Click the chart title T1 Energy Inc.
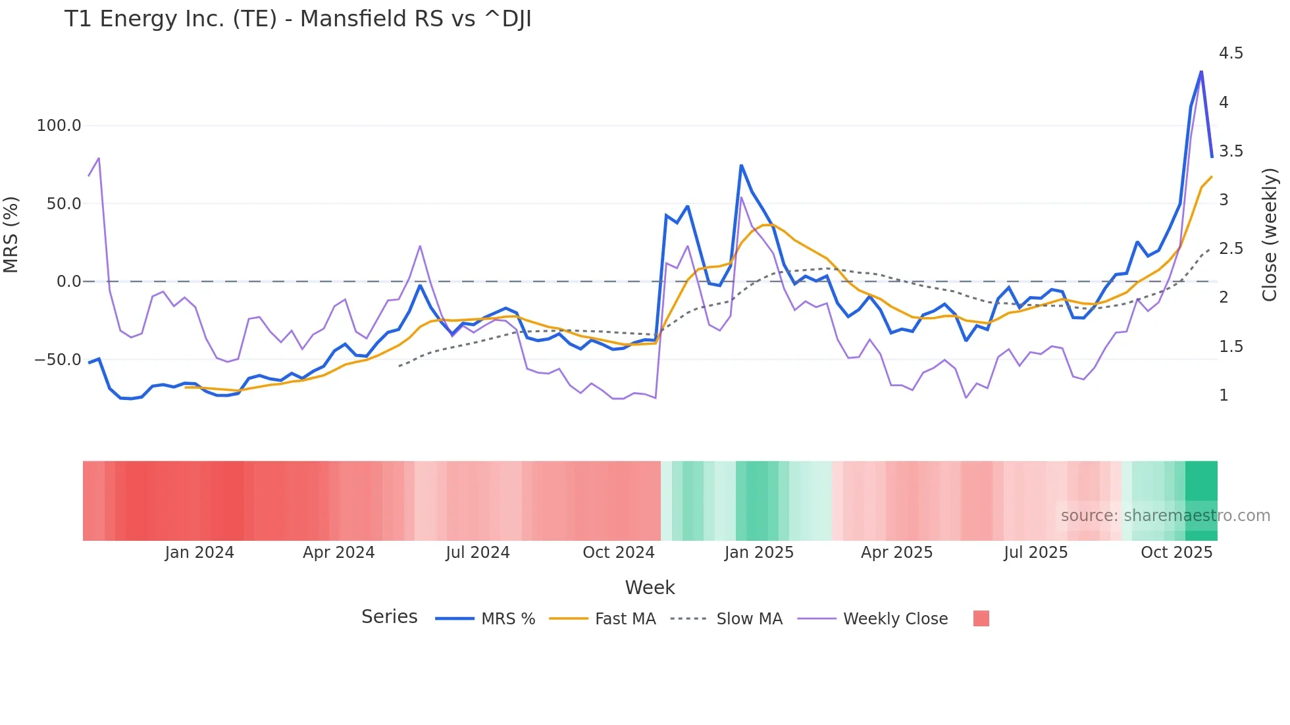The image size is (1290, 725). pyautogui.click(x=297, y=19)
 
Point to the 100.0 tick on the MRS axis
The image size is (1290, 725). pyautogui.click(x=59, y=126)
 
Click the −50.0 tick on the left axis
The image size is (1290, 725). pyautogui.click(x=57, y=360)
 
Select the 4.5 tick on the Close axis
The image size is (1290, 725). pyautogui.click(x=1231, y=53)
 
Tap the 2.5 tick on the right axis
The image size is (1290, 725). pyautogui.click(x=1231, y=249)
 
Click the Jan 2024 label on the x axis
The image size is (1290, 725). pyautogui.click(x=199, y=553)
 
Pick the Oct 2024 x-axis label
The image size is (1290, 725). pyautogui.click(x=618, y=553)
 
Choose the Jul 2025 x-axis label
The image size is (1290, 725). pyautogui.click(x=1035, y=553)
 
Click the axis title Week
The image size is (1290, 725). pyautogui.click(x=650, y=587)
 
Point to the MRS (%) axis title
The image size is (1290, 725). pyautogui.click(x=11, y=234)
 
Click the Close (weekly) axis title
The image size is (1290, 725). pyautogui.click(x=1270, y=235)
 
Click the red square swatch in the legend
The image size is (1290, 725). pyautogui.click(x=981, y=618)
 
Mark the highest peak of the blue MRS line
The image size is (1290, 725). pyautogui.click(x=1201, y=72)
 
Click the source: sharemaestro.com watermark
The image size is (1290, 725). pyautogui.click(x=1165, y=516)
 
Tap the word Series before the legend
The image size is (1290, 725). pyautogui.click(x=389, y=617)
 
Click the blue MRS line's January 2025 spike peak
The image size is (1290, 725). pyautogui.click(x=741, y=166)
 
